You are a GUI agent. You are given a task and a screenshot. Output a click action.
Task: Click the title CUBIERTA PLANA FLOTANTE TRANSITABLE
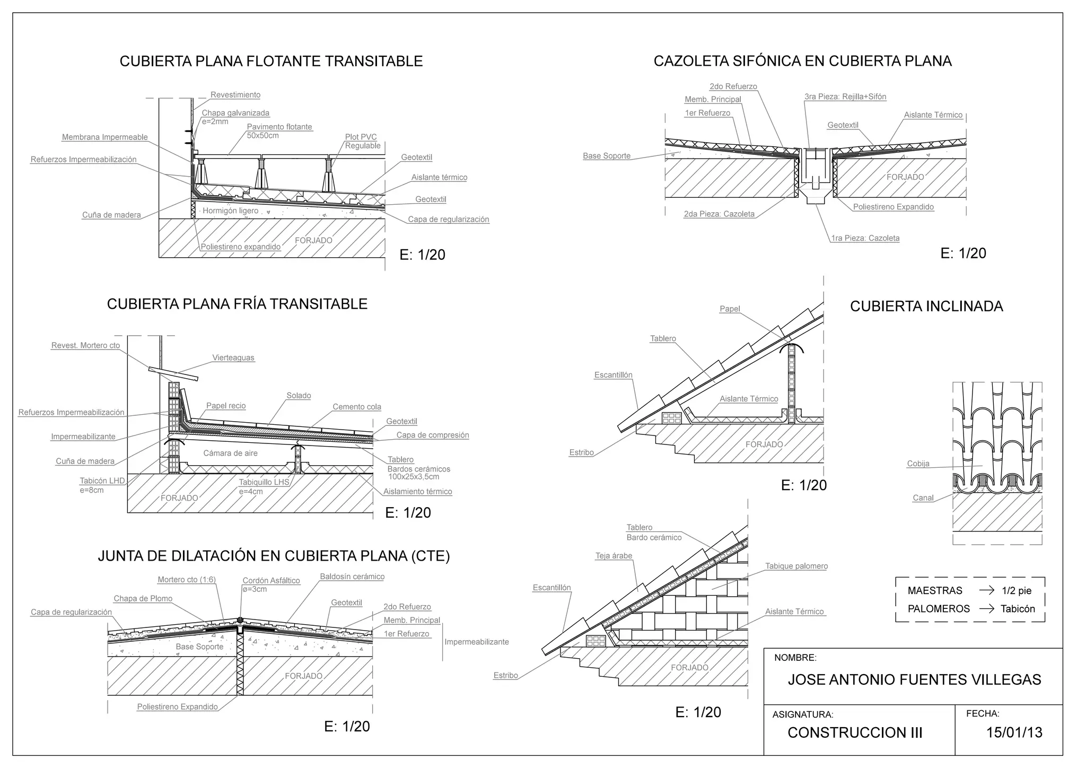click(x=271, y=62)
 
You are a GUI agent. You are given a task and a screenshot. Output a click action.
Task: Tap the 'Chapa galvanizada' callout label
click(x=235, y=113)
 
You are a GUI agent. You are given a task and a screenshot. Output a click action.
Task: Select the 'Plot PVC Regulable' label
click(x=362, y=141)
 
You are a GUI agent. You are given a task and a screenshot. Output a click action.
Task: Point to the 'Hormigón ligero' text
click(x=230, y=211)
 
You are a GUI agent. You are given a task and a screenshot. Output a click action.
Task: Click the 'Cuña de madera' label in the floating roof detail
click(x=111, y=215)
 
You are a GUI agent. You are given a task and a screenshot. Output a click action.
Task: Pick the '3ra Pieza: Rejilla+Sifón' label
click(x=845, y=97)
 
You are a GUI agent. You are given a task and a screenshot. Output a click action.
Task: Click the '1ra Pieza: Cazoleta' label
click(x=865, y=238)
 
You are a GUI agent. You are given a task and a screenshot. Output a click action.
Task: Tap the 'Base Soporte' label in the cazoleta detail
click(x=607, y=156)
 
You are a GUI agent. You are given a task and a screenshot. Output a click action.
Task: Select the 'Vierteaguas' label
click(x=233, y=357)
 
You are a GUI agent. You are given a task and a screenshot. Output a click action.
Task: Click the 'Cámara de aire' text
click(x=230, y=453)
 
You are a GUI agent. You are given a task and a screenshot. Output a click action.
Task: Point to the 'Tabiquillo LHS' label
click(x=264, y=482)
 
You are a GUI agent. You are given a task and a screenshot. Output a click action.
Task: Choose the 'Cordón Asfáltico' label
click(x=271, y=580)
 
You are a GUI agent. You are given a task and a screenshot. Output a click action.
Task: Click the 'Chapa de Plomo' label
click(x=143, y=598)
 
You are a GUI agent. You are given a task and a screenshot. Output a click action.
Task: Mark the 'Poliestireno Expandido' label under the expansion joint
click(x=177, y=706)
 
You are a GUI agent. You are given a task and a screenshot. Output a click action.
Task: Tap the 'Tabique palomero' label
click(x=796, y=566)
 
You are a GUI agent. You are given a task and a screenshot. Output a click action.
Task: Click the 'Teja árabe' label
click(x=614, y=556)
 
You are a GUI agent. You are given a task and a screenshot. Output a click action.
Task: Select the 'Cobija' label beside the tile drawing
click(x=918, y=464)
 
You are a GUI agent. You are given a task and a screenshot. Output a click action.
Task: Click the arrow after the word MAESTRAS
click(x=986, y=590)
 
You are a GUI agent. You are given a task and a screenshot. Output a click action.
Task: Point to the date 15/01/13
click(x=1014, y=732)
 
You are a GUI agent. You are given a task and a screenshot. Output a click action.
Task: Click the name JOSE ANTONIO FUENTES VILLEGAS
click(x=914, y=680)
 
